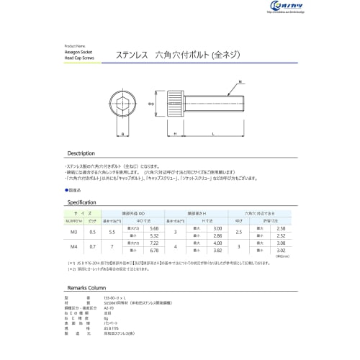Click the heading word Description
[x=81, y=154]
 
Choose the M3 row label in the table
[x=73, y=232]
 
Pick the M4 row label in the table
[x=73, y=247]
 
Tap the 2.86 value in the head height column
[x=218, y=235]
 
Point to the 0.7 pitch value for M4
[x=91, y=247]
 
